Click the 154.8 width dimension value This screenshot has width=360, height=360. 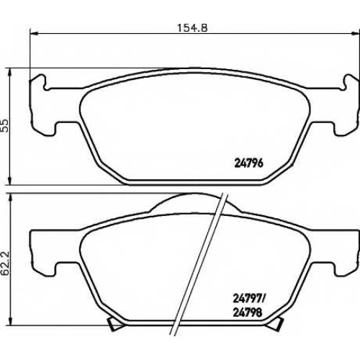[192, 28]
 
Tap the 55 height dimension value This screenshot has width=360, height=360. [5, 125]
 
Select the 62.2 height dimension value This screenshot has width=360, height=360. [5, 264]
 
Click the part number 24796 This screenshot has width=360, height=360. [248, 163]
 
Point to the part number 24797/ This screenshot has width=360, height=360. [250, 299]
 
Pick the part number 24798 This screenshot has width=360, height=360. [248, 312]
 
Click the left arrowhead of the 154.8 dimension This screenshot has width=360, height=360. [35, 34]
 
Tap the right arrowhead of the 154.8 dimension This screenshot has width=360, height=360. [355, 34]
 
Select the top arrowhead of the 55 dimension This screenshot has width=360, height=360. [10, 73]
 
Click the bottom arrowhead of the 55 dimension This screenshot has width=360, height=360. [10, 180]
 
